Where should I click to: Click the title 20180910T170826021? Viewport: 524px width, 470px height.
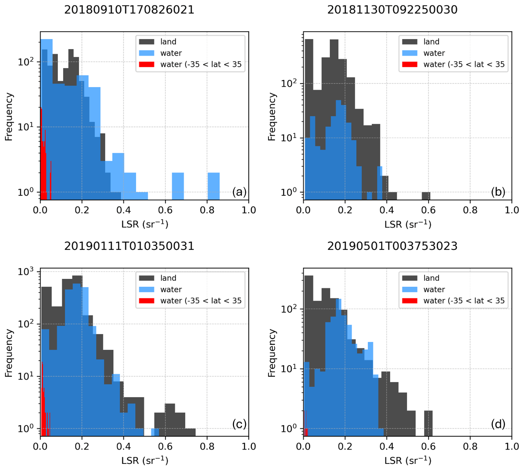[129, 10]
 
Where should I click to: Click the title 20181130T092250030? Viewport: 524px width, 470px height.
[392, 10]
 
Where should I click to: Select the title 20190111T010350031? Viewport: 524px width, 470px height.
[129, 246]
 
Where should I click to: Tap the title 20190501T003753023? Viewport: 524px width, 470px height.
[392, 246]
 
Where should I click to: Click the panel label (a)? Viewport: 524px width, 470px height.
[239, 192]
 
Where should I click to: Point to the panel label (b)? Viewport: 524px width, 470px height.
[498, 192]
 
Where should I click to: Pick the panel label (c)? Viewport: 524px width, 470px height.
[239, 424]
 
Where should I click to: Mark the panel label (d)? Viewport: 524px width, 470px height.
[498, 424]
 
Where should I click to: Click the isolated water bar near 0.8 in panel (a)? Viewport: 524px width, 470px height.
[214, 186]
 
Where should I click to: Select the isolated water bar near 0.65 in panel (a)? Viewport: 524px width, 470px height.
[178, 186]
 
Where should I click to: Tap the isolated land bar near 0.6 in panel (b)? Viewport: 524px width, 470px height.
[426, 195]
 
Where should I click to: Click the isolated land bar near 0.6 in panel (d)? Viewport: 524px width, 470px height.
[428, 422]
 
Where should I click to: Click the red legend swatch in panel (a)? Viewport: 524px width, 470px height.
[147, 64]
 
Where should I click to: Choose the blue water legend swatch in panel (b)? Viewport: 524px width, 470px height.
[410, 53]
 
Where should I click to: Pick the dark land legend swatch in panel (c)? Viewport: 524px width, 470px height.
[147, 278]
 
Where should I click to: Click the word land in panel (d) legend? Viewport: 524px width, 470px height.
[431, 278]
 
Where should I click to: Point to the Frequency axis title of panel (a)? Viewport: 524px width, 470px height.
[9, 117]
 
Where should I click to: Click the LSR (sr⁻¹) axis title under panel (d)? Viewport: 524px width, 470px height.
[408, 460]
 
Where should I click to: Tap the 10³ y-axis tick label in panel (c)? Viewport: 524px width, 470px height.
[26, 272]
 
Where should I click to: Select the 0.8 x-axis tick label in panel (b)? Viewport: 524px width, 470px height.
[470, 210]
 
